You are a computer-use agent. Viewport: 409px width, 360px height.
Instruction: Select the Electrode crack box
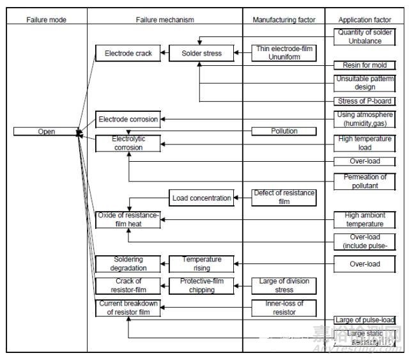tap(128, 54)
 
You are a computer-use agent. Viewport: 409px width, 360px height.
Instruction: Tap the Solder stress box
tap(200, 54)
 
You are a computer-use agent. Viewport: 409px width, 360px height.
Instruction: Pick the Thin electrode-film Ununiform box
tap(284, 53)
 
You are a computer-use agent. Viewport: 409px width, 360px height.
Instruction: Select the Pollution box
tap(284, 131)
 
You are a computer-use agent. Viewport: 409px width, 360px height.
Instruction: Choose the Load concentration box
tap(201, 198)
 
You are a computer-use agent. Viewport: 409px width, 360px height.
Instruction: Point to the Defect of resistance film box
tap(284, 198)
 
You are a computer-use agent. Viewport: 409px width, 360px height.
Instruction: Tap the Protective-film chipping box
tap(201, 286)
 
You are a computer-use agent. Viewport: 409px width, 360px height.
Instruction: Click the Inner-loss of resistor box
tap(284, 308)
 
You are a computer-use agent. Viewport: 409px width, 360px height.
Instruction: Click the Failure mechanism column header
tap(165, 20)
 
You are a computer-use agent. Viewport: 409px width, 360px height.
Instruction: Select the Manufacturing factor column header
tap(284, 20)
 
